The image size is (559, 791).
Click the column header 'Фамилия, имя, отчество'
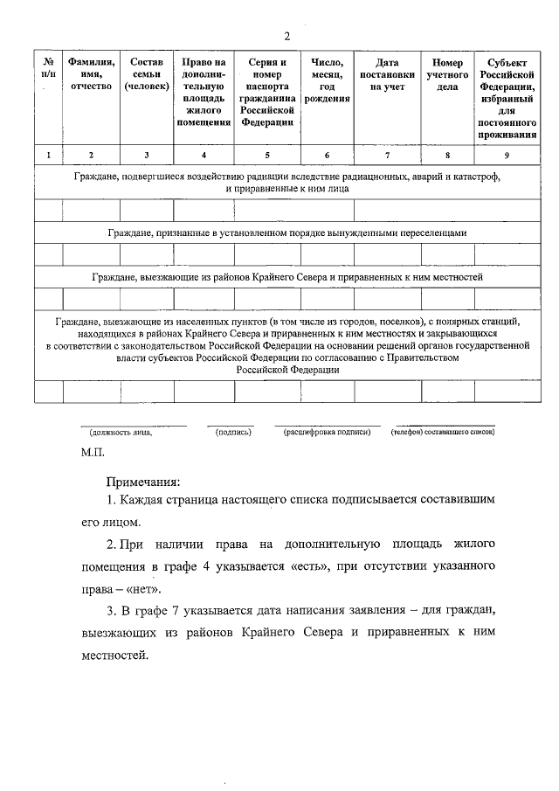click(92, 74)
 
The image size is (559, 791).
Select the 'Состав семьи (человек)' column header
click(147, 74)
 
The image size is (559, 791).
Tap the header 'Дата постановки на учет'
click(387, 74)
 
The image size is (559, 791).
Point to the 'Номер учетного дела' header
click(447, 74)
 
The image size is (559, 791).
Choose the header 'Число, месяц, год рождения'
click(328, 80)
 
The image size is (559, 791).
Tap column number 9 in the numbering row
click(507, 156)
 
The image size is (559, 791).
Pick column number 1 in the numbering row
click(49, 156)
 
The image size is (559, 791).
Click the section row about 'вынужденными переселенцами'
click(287, 233)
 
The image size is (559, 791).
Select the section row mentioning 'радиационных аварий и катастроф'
click(287, 182)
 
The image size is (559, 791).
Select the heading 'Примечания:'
click(143, 482)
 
